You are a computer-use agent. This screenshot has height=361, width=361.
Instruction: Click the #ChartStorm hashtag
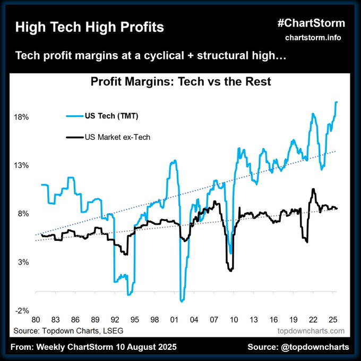pos(311,23)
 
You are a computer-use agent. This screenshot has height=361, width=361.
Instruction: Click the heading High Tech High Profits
pos(89,27)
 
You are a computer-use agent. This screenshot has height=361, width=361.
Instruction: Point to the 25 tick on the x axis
pos(332,320)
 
